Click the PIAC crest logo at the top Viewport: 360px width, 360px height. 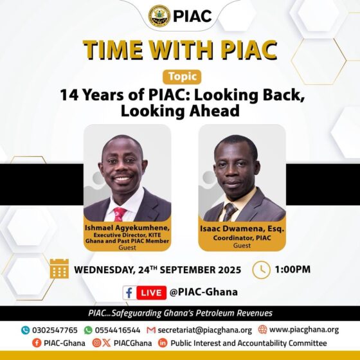(x=159, y=16)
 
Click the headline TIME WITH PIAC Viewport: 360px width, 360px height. (x=180, y=50)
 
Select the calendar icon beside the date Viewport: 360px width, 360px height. (x=59, y=268)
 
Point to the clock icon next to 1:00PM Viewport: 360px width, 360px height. (x=261, y=269)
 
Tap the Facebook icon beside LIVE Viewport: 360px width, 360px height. (x=130, y=292)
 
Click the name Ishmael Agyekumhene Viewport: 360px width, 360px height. (x=127, y=228)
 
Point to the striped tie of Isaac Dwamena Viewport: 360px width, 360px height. (x=230, y=212)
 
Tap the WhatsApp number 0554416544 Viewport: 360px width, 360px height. (x=116, y=330)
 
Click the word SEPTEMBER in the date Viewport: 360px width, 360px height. (x=179, y=269)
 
